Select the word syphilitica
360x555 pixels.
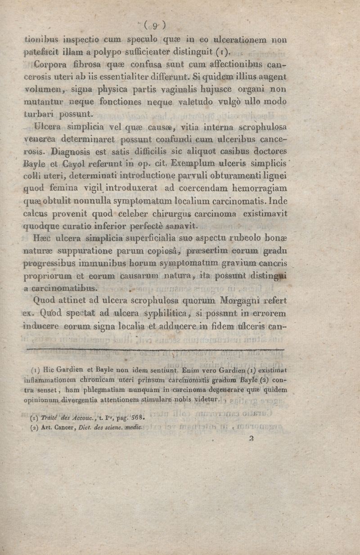(x=161, y=311)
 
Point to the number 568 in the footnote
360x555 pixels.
(x=138, y=416)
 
